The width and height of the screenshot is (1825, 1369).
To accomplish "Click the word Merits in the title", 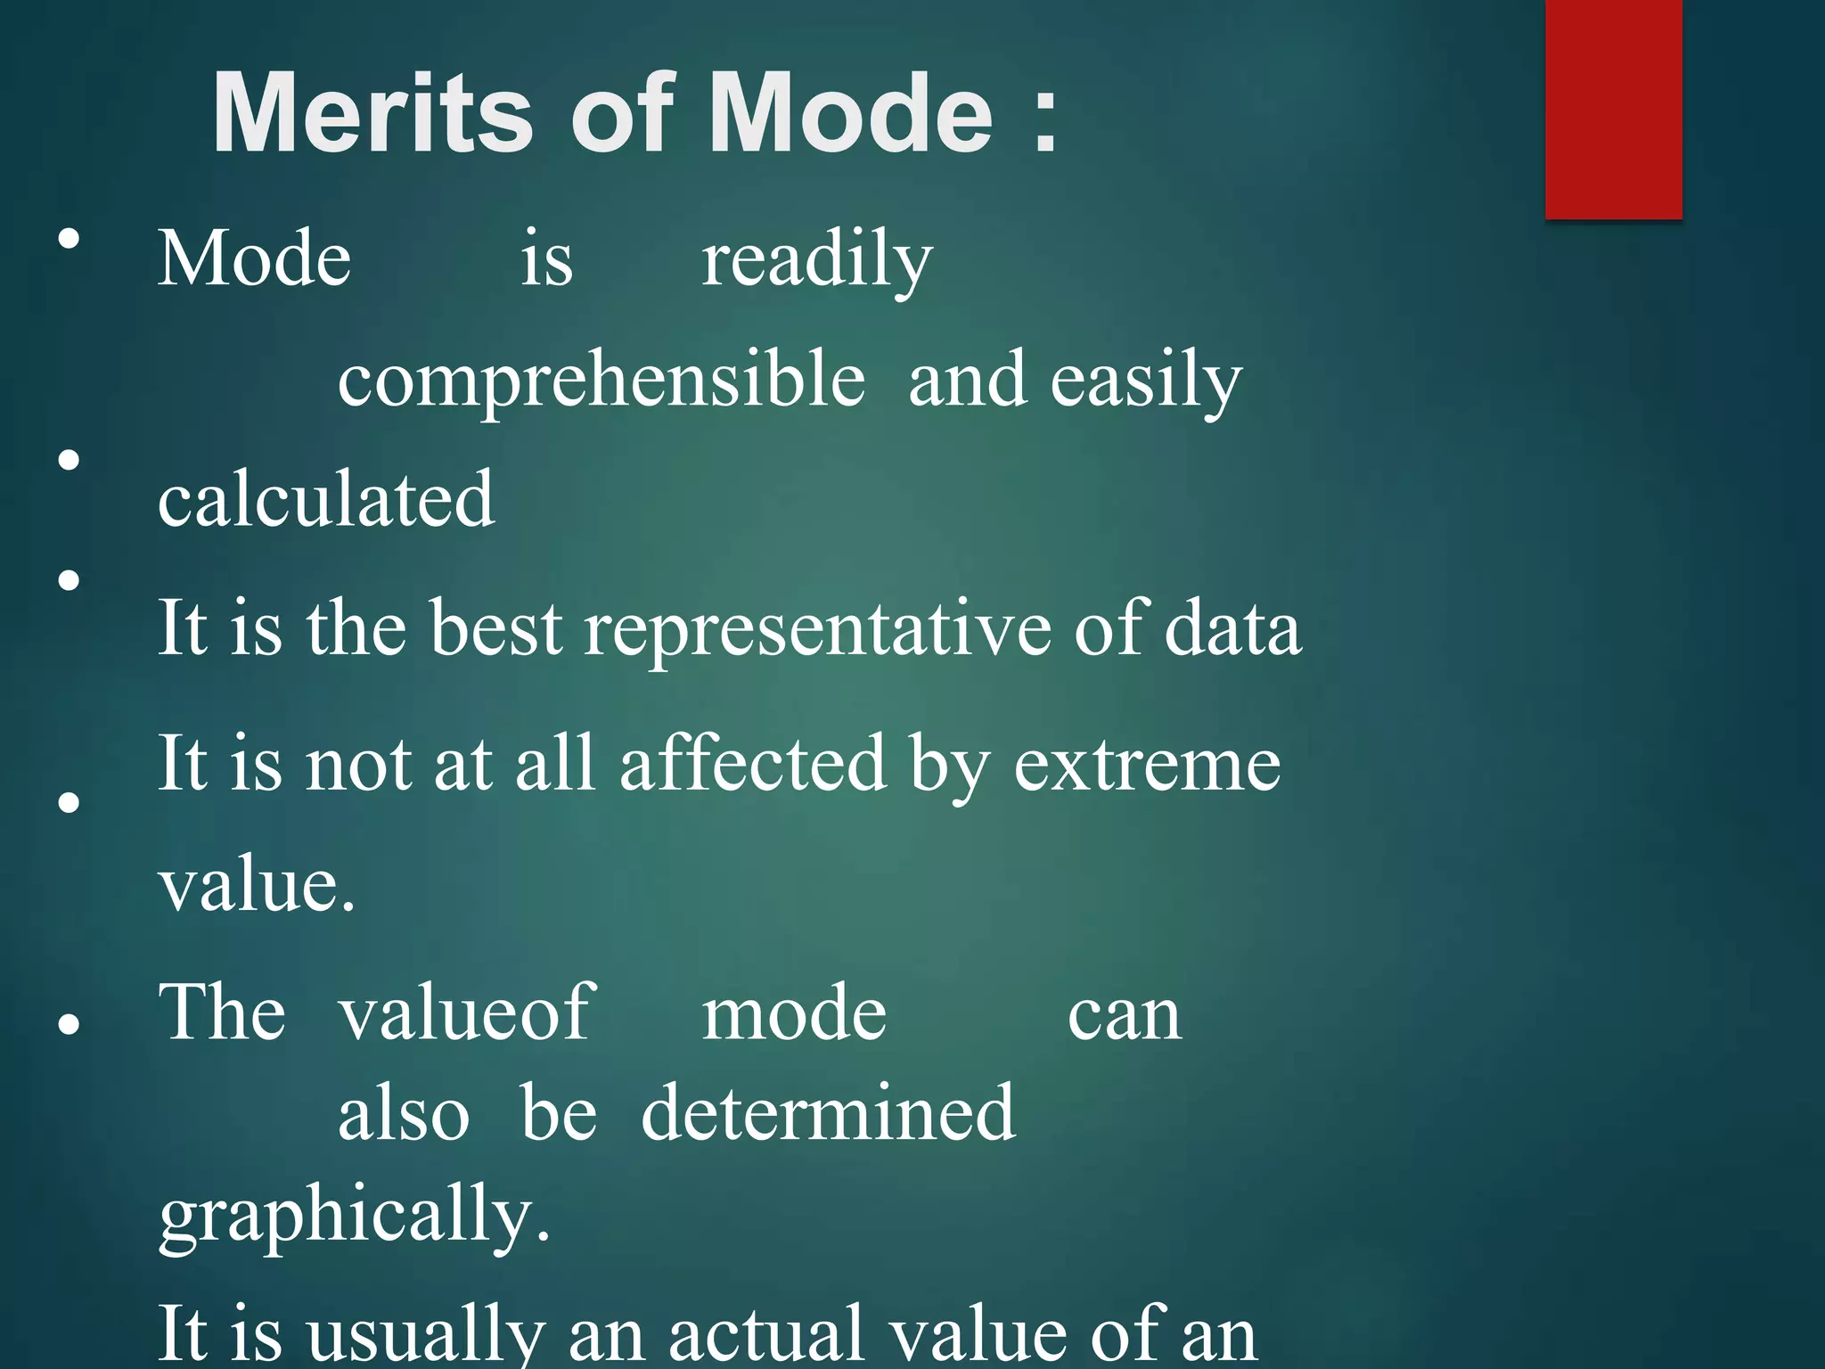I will [x=372, y=114].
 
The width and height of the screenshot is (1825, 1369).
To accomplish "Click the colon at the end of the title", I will [x=1044, y=119].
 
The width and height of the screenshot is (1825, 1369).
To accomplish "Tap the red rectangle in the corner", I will [x=1613, y=109].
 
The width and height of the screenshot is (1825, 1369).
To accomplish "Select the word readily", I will [x=816, y=259].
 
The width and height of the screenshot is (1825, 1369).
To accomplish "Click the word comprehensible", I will [x=602, y=381].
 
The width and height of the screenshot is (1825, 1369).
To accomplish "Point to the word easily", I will [x=1146, y=381].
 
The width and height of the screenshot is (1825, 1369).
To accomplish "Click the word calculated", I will [x=326, y=499].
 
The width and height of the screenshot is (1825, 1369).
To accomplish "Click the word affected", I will [x=753, y=764].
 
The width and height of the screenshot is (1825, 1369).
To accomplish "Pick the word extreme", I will [x=1147, y=766].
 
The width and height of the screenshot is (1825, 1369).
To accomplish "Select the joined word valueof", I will [x=467, y=1013].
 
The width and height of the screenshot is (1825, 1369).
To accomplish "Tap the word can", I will [x=1125, y=1015].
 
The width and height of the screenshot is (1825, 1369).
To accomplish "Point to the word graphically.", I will [x=354, y=1216].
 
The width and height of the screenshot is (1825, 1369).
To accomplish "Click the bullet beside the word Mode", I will [x=69, y=239].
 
